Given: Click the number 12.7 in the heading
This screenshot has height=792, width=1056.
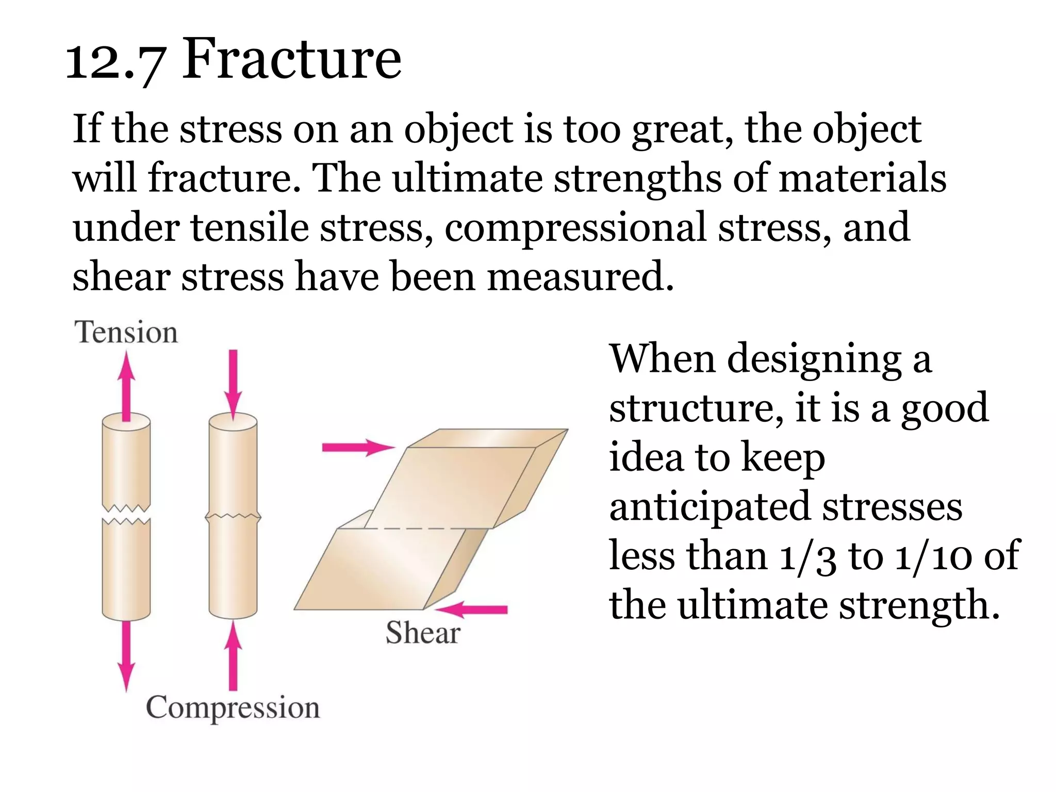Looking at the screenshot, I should click(x=116, y=63).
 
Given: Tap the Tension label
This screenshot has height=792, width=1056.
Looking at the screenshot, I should click(x=126, y=332).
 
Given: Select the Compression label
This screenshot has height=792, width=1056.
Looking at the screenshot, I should click(x=233, y=707).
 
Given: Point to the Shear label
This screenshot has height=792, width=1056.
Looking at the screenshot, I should click(x=423, y=633).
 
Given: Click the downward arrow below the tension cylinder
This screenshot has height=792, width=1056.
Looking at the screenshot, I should click(x=126, y=655).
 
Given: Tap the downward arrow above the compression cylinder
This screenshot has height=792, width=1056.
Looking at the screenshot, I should click(x=233, y=384).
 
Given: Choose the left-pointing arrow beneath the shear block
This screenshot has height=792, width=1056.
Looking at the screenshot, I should click(x=472, y=609).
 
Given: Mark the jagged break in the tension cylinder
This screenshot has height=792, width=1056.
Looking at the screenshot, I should click(x=126, y=514).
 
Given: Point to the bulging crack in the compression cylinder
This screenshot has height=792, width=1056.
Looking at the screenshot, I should click(x=233, y=516).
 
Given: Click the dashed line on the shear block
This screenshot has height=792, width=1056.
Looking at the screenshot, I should click(x=428, y=529).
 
